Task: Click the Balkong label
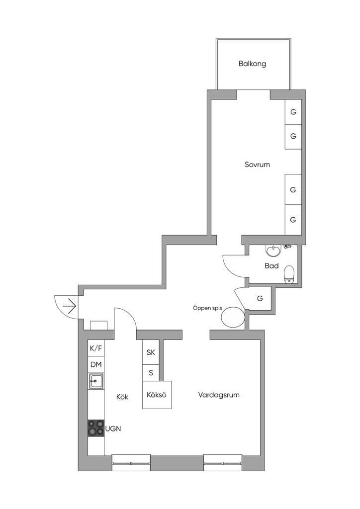(x=252, y=64)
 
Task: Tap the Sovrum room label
(x=257, y=165)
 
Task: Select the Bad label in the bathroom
(x=271, y=266)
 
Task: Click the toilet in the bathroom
(x=289, y=274)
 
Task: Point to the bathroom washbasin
(x=273, y=251)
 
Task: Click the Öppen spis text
(x=207, y=308)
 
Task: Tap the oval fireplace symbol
(x=233, y=317)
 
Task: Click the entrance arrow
(x=69, y=306)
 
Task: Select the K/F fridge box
(x=96, y=348)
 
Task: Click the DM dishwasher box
(x=96, y=365)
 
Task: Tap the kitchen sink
(x=96, y=381)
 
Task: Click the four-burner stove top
(x=96, y=428)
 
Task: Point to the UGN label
(x=113, y=429)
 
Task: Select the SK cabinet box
(x=151, y=352)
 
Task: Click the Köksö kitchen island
(x=157, y=395)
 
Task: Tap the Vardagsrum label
(x=219, y=395)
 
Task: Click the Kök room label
(x=122, y=397)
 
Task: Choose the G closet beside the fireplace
(x=260, y=298)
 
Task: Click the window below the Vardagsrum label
(x=223, y=463)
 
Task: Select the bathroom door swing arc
(x=230, y=267)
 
